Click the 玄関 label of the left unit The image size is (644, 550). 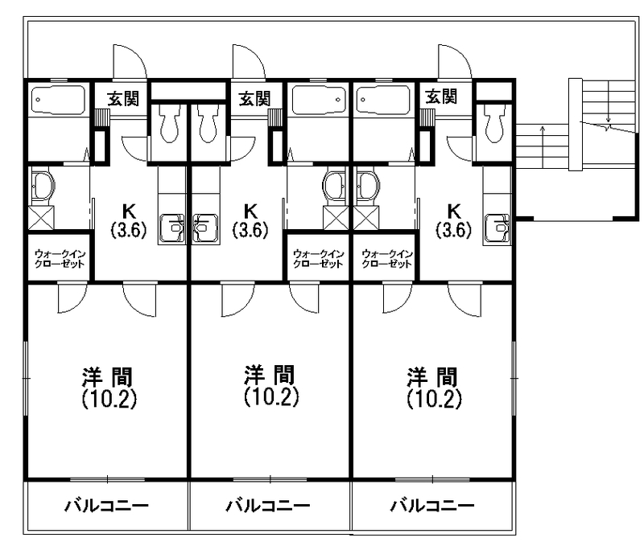point(123,98)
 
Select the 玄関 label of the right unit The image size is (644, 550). point(441,97)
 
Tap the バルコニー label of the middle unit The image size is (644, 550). point(267,507)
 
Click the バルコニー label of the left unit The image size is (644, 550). point(106,507)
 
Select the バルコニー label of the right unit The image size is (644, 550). point(432,507)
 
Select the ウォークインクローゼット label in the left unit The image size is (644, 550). point(60,258)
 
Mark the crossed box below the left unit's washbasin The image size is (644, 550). point(40,217)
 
